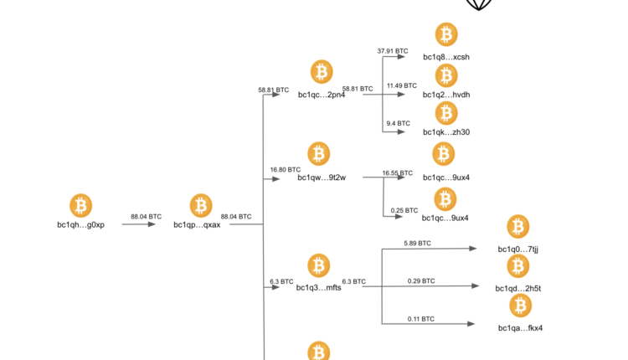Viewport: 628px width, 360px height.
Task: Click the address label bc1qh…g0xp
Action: click(80, 224)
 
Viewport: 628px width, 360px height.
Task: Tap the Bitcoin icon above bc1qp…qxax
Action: click(201, 205)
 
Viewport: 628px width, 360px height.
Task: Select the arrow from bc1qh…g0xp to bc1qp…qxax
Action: click(139, 224)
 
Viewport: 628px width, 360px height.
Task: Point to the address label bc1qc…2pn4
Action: click(322, 95)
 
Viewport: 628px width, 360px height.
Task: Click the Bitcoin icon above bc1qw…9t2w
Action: click(318, 154)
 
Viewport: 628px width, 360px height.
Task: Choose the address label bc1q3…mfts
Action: click(318, 288)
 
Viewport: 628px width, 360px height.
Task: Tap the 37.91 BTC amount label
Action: click(393, 51)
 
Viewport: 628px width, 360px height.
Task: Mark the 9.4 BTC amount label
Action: click(398, 123)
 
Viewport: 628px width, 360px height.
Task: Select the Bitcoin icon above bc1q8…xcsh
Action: click(446, 35)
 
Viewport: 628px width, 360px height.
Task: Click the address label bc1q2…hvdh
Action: click(446, 95)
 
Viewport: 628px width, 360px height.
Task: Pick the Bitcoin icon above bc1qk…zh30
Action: click(446, 112)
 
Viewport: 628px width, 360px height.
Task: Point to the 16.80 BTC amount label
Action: click(285, 169)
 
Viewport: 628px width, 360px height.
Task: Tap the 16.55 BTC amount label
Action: click(397, 173)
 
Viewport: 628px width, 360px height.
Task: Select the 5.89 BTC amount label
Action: click(417, 243)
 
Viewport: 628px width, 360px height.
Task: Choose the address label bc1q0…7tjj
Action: click(518, 249)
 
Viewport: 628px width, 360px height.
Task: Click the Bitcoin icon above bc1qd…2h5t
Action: click(519, 267)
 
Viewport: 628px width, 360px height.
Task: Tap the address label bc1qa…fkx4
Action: click(520, 327)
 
